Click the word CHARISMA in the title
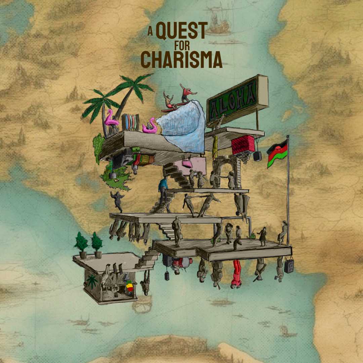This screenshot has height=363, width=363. [182, 60]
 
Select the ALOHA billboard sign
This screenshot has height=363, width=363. [237, 99]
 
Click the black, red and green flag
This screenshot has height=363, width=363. [277, 154]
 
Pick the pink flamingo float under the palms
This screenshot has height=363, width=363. [111, 119]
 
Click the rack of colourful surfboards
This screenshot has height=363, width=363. [130, 122]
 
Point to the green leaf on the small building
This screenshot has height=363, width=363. [92, 281]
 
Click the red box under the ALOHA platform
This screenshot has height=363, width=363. [243, 145]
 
